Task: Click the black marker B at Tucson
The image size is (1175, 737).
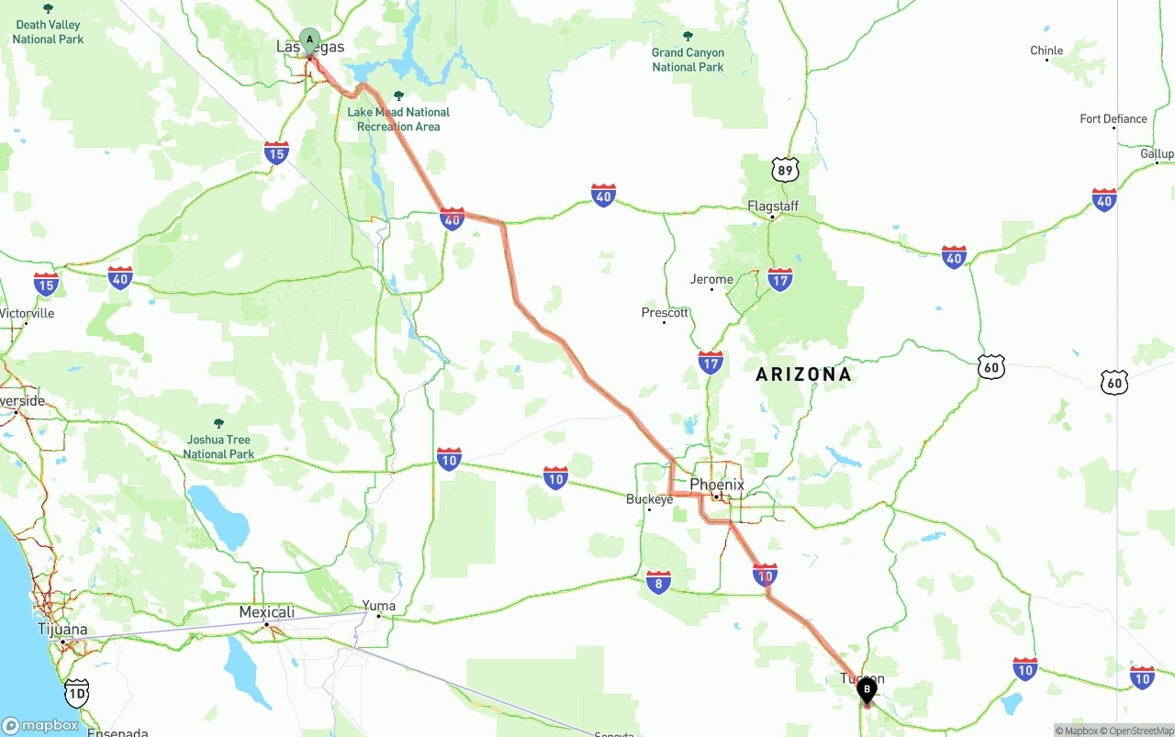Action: [x=866, y=688]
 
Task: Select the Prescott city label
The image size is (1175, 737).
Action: [x=665, y=313]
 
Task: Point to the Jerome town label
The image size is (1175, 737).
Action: [x=711, y=279]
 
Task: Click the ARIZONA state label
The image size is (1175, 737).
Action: [x=803, y=374]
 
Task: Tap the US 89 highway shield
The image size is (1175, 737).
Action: [x=785, y=170]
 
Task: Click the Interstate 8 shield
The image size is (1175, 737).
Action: [x=658, y=582]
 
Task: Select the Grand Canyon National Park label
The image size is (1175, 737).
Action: [x=688, y=60]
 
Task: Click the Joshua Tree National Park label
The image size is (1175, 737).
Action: [x=218, y=447]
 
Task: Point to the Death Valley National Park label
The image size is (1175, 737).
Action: [x=48, y=32]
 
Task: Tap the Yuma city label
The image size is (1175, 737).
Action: [x=378, y=606]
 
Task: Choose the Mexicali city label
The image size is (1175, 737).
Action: [x=267, y=612]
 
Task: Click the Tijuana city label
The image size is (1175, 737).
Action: [x=62, y=630]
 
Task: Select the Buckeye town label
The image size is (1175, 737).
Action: [x=649, y=499]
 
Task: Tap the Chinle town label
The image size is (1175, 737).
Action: [x=1046, y=50]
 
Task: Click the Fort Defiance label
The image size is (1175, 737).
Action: [x=1113, y=118]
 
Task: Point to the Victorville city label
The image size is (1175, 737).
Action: [x=27, y=313]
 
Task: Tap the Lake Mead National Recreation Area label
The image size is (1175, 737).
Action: [x=398, y=119]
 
